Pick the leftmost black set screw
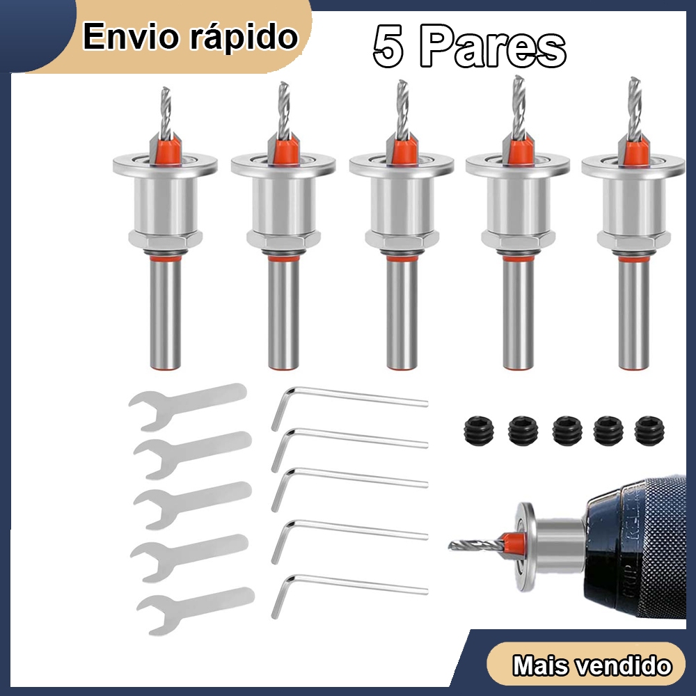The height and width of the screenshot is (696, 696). coord(480,431)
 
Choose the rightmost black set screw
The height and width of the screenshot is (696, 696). coord(650,431)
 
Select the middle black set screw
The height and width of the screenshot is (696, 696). coord(568,431)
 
